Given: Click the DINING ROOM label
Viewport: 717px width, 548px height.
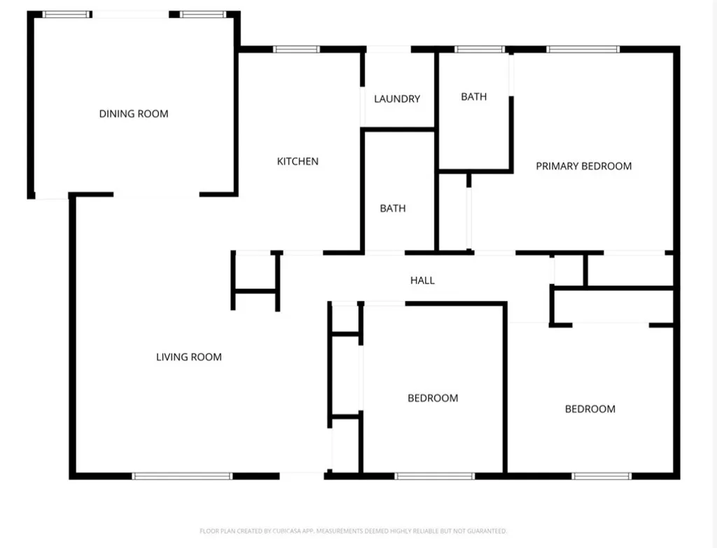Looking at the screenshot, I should click(x=134, y=113).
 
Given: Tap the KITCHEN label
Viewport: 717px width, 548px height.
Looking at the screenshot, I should click(x=298, y=162).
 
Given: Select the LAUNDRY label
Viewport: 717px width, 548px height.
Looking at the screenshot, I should click(x=397, y=99).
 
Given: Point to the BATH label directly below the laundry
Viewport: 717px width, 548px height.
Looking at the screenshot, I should click(x=393, y=209).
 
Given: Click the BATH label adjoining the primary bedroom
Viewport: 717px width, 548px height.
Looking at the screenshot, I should click(x=474, y=97).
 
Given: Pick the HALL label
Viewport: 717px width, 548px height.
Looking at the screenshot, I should click(x=422, y=281).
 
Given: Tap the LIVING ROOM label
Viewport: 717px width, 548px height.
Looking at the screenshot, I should click(x=188, y=357).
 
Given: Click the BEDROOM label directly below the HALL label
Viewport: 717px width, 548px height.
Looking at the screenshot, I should click(x=433, y=398).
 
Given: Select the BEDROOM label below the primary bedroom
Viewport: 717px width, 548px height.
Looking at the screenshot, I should click(x=590, y=409).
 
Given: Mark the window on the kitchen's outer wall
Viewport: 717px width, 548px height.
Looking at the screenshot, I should click(x=296, y=49).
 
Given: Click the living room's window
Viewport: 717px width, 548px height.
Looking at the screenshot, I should click(x=182, y=477).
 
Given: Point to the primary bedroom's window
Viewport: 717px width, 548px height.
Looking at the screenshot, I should click(x=583, y=49).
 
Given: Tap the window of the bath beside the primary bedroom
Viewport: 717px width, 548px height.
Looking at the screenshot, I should click(x=480, y=49).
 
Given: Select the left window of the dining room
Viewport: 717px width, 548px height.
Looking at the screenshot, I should click(x=67, y=14).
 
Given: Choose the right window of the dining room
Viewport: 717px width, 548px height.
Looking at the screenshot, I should click(x=203, y=14).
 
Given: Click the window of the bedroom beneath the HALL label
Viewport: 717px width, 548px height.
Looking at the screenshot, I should click(x=435, y=477).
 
